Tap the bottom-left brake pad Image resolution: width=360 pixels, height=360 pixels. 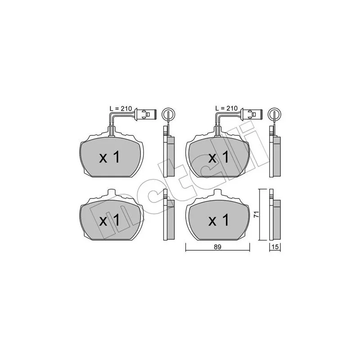pos(112,219)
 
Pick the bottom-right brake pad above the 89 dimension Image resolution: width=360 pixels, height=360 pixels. pos(219,219)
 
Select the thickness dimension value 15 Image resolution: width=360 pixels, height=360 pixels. pos(274,247)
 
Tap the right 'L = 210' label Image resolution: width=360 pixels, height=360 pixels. pos(226,108)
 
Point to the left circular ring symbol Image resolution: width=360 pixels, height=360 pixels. pos(167,113)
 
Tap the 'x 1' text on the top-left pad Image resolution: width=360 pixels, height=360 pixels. pos(109,157)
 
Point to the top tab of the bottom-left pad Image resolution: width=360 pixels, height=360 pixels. pos(112,193)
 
